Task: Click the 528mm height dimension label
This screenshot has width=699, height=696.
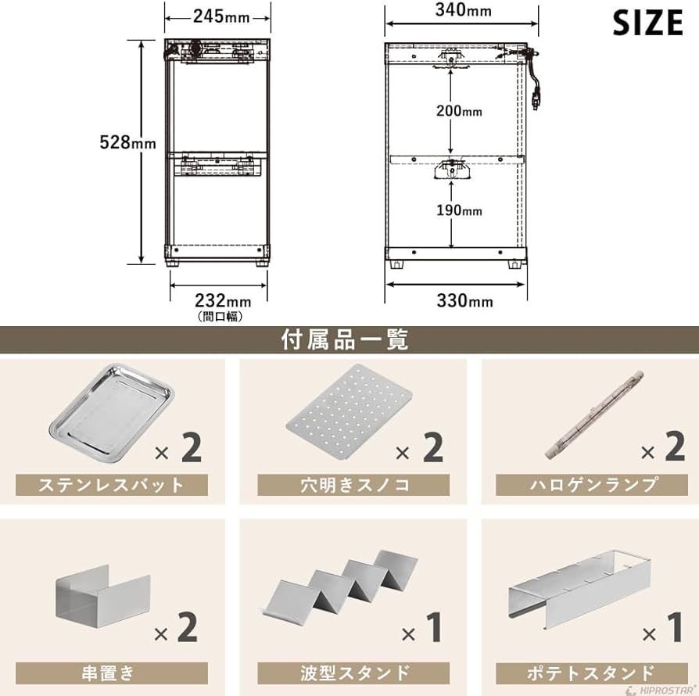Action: (x=127, y=142)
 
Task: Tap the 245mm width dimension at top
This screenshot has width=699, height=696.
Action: (x=221, y=17)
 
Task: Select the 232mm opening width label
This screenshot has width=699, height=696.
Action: (x=223, y=301)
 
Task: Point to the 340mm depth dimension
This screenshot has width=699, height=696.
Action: (x=463, y=10)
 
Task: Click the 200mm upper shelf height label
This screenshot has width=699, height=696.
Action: (x=459, y=110)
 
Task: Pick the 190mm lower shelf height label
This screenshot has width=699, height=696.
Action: (x=459, y=210)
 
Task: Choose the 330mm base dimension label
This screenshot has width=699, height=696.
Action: (x=465, y=301)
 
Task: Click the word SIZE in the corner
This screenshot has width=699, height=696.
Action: (x=647, y=23)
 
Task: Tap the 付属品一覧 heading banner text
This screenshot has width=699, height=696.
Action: (x=345, y=339)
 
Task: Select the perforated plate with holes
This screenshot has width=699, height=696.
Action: (x=349, y=407)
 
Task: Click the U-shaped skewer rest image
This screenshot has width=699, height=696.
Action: (x=103, y=597)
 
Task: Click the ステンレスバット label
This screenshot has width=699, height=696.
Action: (x=112, y=485)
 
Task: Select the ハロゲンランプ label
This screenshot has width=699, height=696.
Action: (x=592, y=484)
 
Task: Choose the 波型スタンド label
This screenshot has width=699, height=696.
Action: (x=353, y=673)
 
